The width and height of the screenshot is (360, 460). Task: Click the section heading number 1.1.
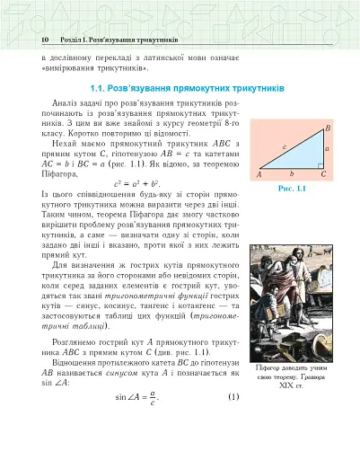pyautogui.click(x=99, y=89)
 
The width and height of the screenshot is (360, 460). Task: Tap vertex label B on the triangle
pyautogui.click(x=329, y=128)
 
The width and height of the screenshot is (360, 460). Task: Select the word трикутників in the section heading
pyautogui.click(x=254, y=89)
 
